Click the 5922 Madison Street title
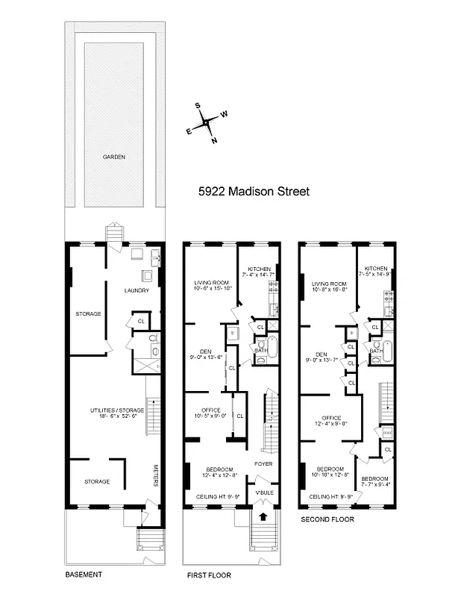click(254, 191)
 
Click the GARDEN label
click(114, 157)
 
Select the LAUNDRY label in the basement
click(137, 290)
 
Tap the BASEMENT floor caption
click(83, 575)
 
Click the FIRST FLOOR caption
click(209, 575)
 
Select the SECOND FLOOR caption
click(327, 519)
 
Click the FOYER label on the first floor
click(263, 463)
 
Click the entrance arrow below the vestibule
click(263, 514)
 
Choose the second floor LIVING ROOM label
click(330, 284)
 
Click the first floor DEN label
click(206, 351)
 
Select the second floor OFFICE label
click(331, 417)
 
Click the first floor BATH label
click(260, 350)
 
